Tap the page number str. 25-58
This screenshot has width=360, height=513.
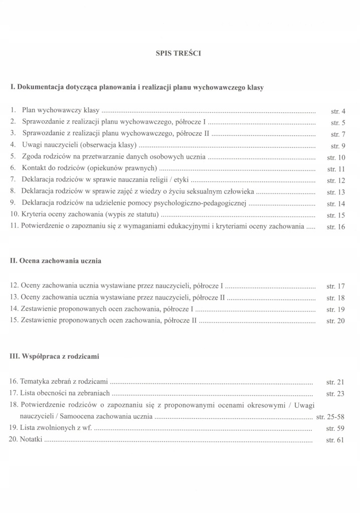[331, 417]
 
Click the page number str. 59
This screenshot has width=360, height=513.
[335, 429]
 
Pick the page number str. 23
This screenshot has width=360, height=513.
[335, 394]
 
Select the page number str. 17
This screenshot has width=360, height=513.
[335, 287]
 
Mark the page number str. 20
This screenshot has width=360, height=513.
[335, 321]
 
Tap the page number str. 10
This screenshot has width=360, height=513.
[335, 158]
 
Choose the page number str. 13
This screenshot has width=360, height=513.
[335, 192]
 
